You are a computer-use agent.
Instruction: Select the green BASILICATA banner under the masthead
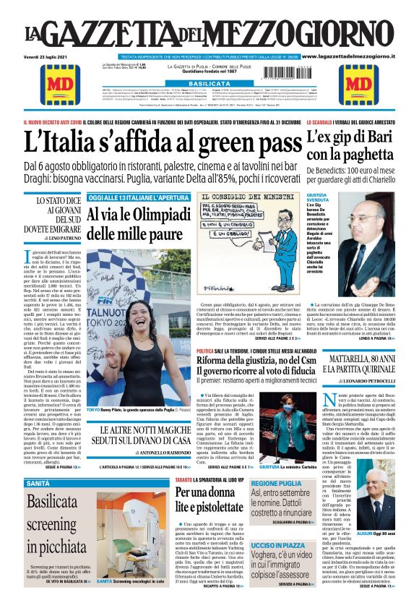pyautogui.click(x=209, y=84)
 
